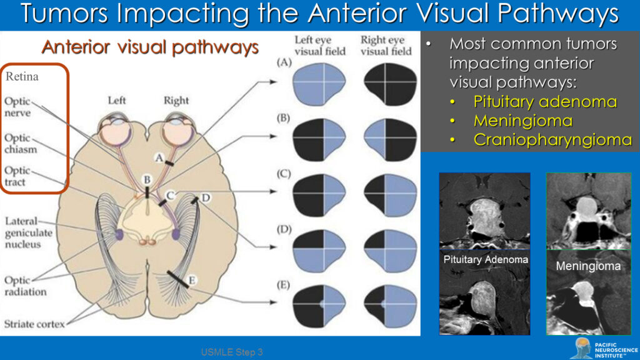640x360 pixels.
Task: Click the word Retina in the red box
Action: [x=22, y=77]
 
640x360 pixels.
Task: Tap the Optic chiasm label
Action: [x=20, y=144]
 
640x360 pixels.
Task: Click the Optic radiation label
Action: [x=26, y=286]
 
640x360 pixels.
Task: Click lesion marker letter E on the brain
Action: [x=191, y=281]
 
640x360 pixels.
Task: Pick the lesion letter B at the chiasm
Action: [x=147, y=180]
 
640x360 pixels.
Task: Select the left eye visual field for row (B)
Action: [x=319, y=134]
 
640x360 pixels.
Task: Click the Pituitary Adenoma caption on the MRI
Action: [x=484, y=259]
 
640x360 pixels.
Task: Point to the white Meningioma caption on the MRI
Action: [x=588, y=266]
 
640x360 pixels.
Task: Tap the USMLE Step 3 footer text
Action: [x=231, y=352]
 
